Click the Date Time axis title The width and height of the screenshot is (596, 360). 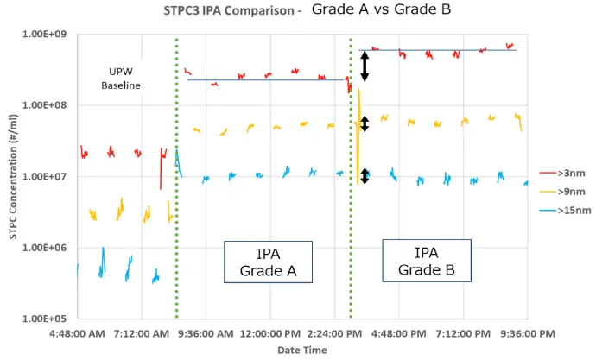(302, 350)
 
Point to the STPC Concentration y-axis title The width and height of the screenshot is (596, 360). (15, 177)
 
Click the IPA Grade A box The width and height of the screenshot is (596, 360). (268, 262)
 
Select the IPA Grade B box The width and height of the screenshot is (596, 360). (427, 261)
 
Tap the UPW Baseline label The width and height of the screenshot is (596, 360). (120, 78)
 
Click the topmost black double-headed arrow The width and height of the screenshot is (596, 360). (365, 66)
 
